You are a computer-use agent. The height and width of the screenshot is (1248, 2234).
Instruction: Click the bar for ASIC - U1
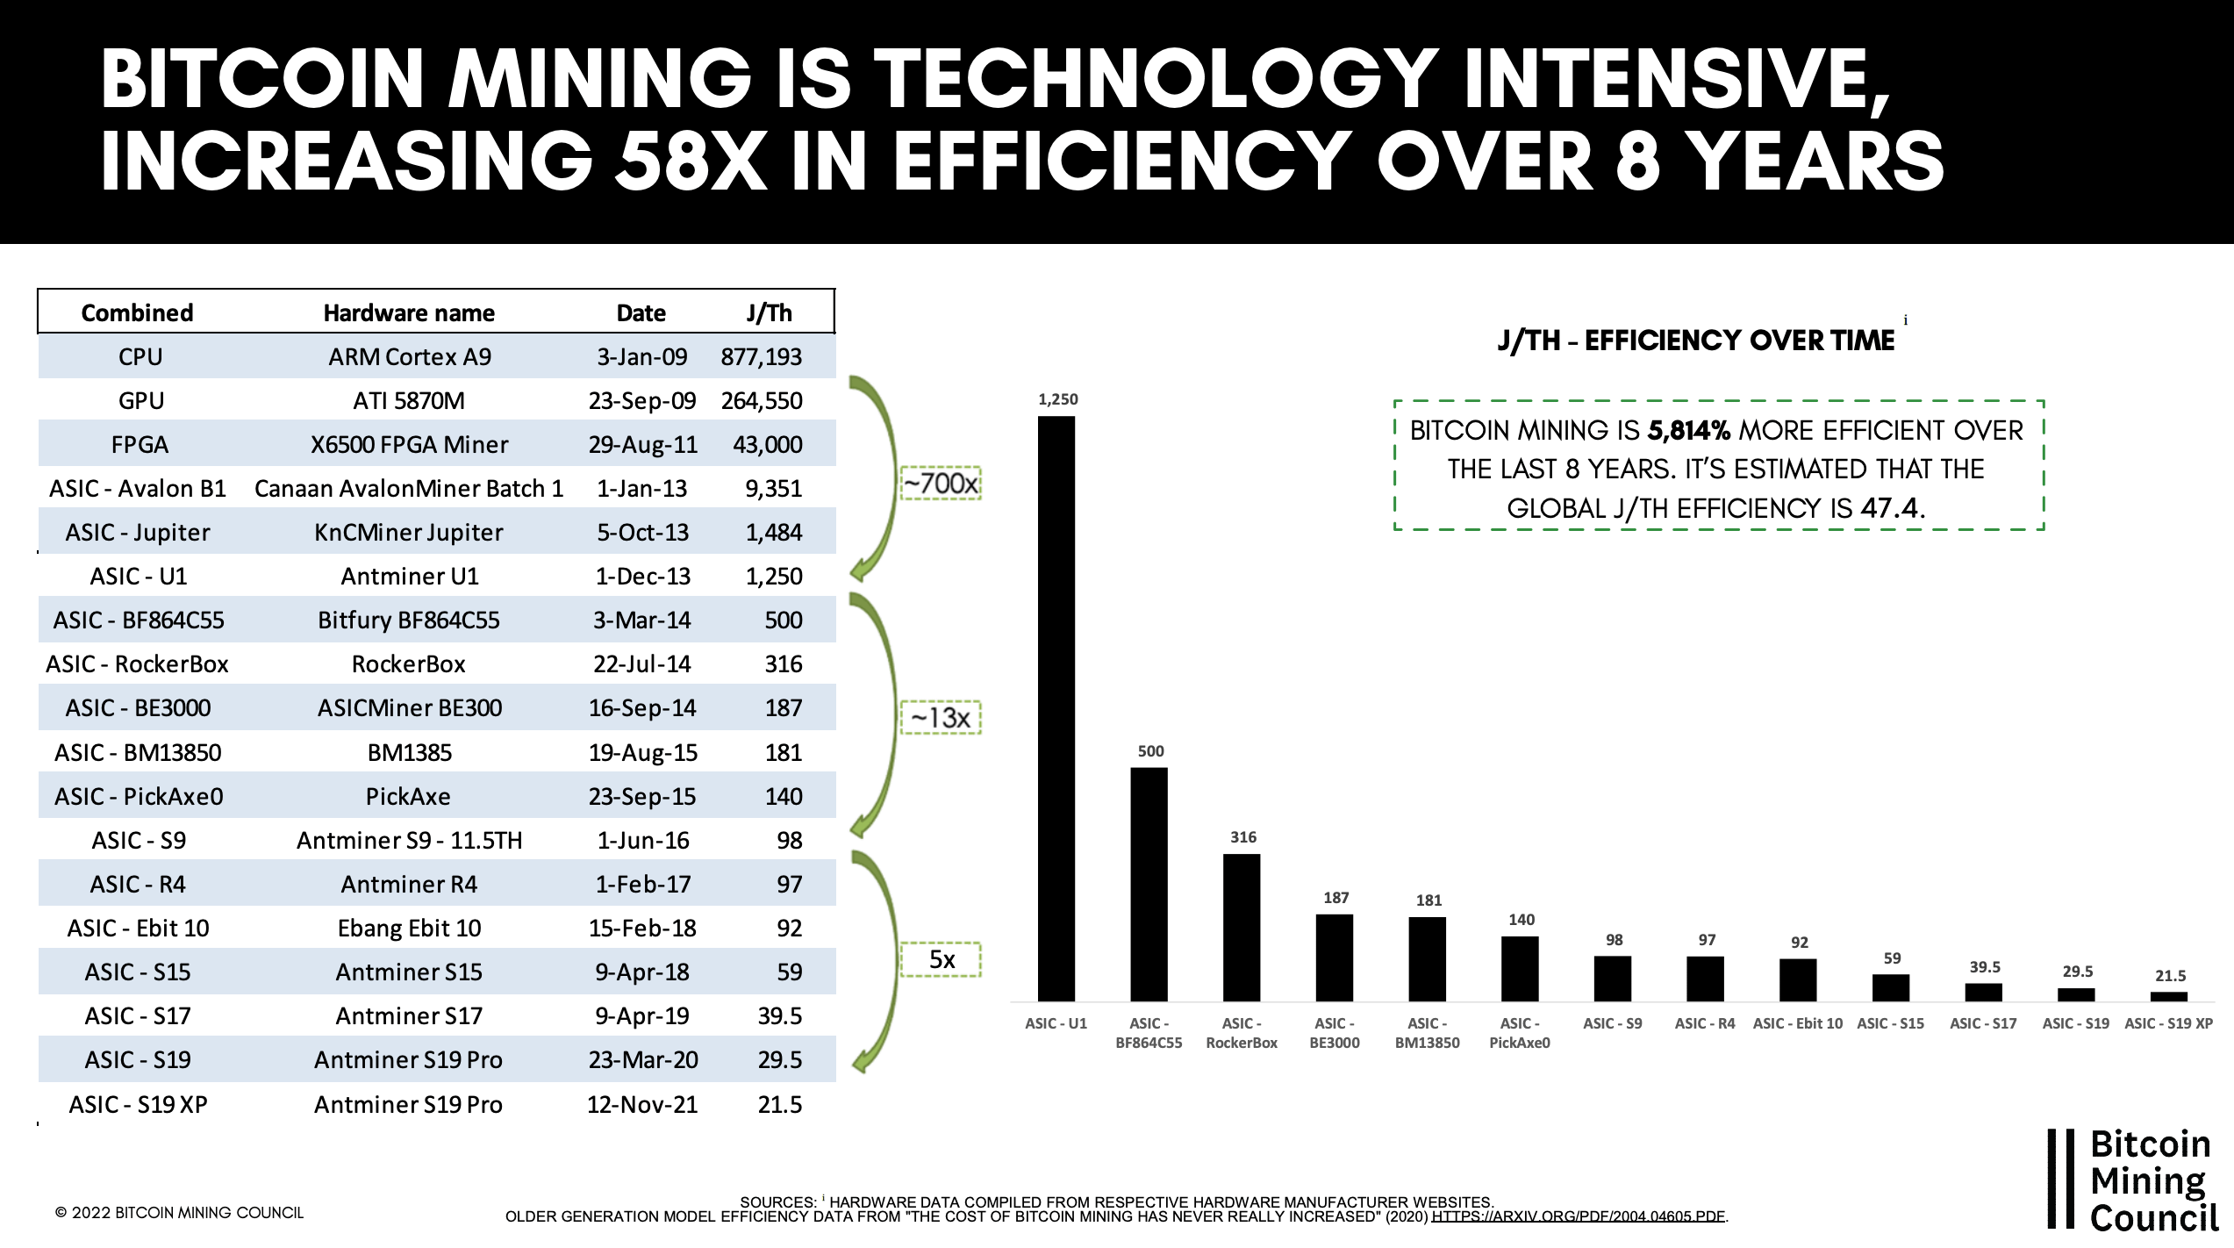click(x=1056, y=708)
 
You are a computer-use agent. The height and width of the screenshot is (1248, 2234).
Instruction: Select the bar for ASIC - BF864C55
click(x=1149, y=885)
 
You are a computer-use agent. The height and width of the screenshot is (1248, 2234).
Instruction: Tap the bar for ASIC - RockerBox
click(x=1242, y=928)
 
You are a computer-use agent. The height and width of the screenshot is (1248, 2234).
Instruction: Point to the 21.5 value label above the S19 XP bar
click(x=2170, y=976)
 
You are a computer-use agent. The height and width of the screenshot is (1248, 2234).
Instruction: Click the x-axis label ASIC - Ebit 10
click(x=1798, y=1023)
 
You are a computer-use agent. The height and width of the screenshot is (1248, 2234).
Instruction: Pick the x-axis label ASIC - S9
click(x=1613, y=1023)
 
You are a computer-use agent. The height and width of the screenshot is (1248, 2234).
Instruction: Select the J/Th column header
click(x=769, y=312)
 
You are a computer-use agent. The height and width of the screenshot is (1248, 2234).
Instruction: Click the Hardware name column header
click(x=409, y=312)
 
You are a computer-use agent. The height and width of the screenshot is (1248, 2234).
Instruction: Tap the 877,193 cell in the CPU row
click(x=762, y=356)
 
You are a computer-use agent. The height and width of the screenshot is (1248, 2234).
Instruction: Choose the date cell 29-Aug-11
click(x=643, y=444)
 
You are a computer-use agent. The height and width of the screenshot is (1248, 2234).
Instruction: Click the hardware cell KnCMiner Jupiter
click(x=409, y=533)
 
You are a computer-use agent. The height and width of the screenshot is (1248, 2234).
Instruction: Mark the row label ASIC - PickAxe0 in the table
click(x=139, y=796)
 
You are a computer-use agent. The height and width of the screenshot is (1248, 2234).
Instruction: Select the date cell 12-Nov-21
click(x=642, y=1104)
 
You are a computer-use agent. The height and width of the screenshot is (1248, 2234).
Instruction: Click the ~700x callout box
click(x=941, y=483)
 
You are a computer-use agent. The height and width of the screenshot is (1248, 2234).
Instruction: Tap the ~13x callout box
click(x=941, y=717)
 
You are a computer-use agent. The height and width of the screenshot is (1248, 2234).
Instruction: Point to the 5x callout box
click(x=941, y=959)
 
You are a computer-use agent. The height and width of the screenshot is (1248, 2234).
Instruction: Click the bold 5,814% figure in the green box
click(x=1689, y=430)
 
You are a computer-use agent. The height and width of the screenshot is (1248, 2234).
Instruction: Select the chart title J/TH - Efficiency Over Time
click(x=1696, y=341)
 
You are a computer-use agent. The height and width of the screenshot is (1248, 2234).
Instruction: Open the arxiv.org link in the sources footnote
click(x=1579, y=1216)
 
